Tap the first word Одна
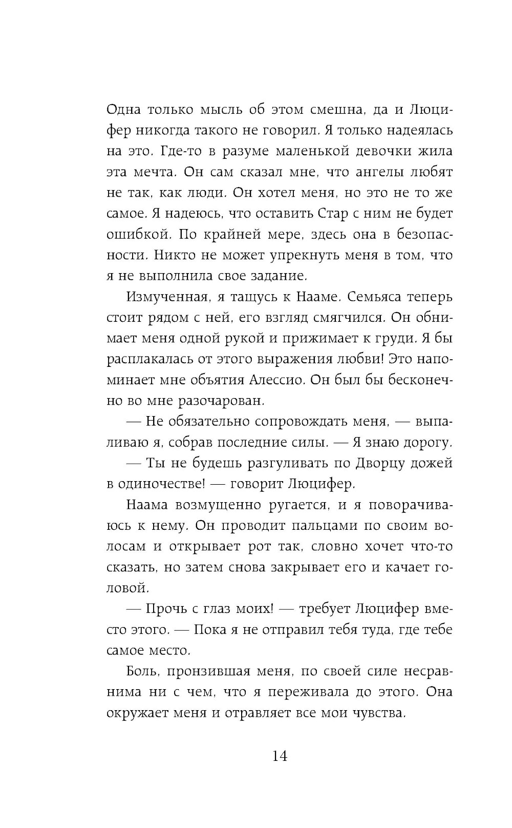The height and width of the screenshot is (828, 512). click(x=122, y=109)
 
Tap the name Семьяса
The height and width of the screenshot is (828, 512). click(x=373, y=297)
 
